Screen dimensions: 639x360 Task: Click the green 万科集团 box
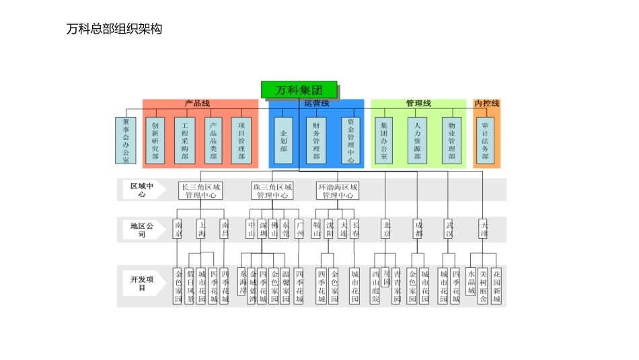pos(299,89)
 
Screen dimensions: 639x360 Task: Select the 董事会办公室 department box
pos(125,141)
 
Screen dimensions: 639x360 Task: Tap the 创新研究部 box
pos(155,141)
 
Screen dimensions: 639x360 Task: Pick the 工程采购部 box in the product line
pos(184,141)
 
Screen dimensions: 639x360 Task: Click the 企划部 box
pos(284,141)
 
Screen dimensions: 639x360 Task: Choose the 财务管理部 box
pos(316,141)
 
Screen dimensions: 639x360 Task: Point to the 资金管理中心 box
pos(350,141)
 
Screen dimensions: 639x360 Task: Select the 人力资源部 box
pos(417,141)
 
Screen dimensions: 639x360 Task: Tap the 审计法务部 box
pos(485,141)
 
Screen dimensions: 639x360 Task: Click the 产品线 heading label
pos(198,104)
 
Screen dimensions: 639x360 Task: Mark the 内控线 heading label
pos(487,104)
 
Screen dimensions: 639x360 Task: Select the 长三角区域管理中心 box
pos(200,190)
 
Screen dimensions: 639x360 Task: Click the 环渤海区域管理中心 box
pos(338,190)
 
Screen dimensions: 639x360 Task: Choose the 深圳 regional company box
pos(262,229)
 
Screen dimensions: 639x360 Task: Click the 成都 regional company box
pos(418,229)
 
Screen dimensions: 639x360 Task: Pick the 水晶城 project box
pos(472,279)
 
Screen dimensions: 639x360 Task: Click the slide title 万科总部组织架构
pos(114,29)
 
